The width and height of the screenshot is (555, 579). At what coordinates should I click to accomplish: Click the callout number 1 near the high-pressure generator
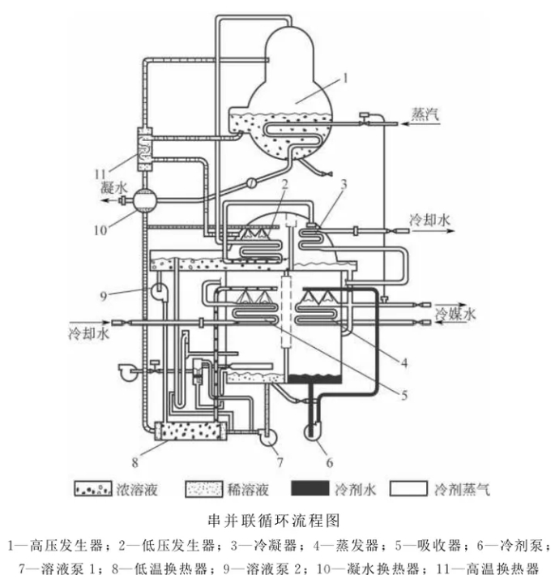click(x=345, y=78)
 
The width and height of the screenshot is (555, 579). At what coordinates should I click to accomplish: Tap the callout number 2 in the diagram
click(x=285, y=185)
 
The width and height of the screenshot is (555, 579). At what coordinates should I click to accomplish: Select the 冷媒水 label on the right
click(x=453, y=313)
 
